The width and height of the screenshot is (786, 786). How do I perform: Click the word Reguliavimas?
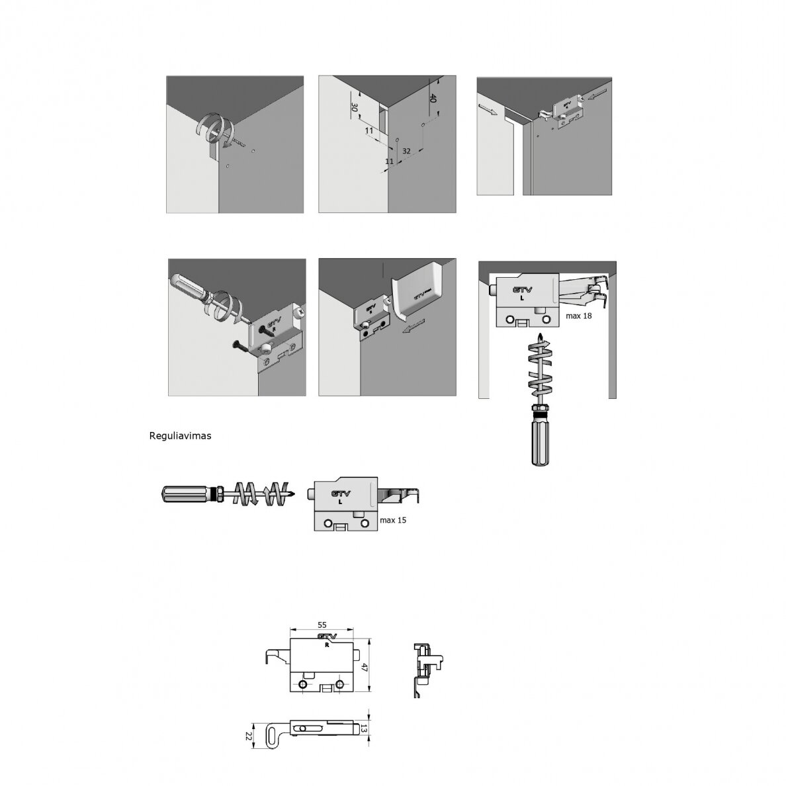tap(180, 435)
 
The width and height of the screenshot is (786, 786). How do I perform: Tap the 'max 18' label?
tap(578, 316)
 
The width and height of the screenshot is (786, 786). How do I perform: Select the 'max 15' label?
tap(393, 520)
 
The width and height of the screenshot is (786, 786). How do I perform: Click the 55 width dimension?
tap(322, 625)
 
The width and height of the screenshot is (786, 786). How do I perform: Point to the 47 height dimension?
tap(365, 667)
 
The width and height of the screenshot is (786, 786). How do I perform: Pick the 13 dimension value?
tap(364, 728)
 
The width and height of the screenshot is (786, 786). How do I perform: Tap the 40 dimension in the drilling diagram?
tap(433, 98)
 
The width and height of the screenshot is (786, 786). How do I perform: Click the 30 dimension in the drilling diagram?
tap(354, 107)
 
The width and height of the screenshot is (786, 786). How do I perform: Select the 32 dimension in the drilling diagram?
tap(406, 151)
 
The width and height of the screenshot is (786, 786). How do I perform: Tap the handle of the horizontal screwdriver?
tap(185, 494)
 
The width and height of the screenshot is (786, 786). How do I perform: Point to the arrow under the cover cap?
tap(413, 326)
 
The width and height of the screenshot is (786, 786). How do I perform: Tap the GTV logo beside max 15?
tap(341, 494)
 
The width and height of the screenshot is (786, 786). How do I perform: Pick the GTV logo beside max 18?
tap(522, 290)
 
